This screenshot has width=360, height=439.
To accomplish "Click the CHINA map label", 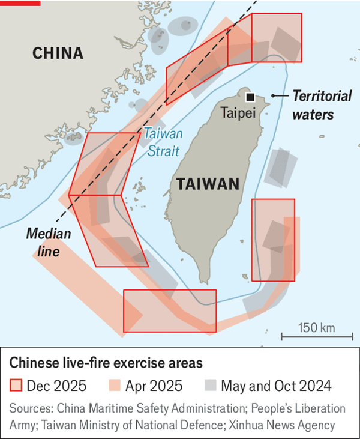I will (x=58, y=53).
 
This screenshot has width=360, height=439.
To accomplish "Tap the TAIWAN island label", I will (x=208, y=184).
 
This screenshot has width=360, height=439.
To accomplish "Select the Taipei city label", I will (x=238, y=112).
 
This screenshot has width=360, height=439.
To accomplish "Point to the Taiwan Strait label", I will (x=162, y=142).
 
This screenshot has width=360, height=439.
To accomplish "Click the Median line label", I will (x=49, y=242).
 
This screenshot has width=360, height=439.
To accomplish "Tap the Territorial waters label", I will (x=313, y=104).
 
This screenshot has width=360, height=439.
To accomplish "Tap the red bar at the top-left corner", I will (x=20, y=2).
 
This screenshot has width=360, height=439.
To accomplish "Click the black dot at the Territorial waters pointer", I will (x=273, y=95).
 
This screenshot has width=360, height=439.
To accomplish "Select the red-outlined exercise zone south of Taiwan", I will (x=169, y=310).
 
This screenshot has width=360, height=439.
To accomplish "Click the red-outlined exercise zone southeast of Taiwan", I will (x=273, y=240).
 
